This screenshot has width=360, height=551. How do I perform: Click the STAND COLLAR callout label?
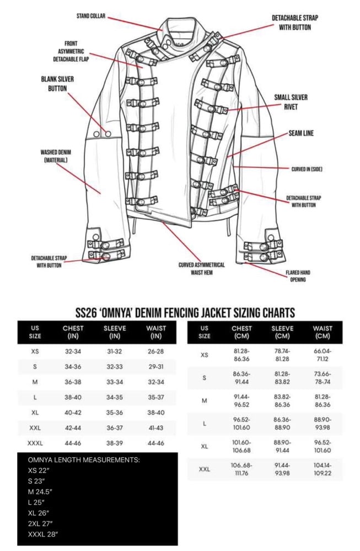click(91, 16)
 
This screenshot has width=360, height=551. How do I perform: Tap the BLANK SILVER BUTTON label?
click(57, 84)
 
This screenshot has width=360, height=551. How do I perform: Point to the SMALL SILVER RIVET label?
click(291, 102)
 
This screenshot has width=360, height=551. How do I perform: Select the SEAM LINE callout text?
click(301, 133)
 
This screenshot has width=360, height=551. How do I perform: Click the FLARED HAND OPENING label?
click(298, 276)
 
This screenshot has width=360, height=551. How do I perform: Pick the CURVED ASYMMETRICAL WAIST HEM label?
click(201, 268)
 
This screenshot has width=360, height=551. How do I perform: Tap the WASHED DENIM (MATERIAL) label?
click(56, 156)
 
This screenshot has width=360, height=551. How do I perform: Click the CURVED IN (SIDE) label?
click(307, 169)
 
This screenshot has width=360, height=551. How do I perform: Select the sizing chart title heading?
click(185, 312)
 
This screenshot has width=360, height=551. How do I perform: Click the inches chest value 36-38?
click(73, 382)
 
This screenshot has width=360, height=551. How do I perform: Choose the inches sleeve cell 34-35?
click(115, 397)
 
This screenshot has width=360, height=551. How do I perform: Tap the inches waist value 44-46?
click(155, 443)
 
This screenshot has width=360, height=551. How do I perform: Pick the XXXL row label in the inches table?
click(35, 443)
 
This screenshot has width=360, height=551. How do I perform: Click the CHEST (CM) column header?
click(241, 332)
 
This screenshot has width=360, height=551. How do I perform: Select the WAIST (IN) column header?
click(155, 332)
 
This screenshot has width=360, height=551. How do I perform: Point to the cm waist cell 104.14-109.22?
click(323, 469)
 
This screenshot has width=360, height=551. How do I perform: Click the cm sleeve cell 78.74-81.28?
click(282, 355)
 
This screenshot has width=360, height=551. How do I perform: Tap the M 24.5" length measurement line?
click(40, 491)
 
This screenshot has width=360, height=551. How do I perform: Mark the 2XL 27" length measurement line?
click(40, 523)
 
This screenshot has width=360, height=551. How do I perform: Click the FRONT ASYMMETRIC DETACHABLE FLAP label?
click(71, 51)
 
